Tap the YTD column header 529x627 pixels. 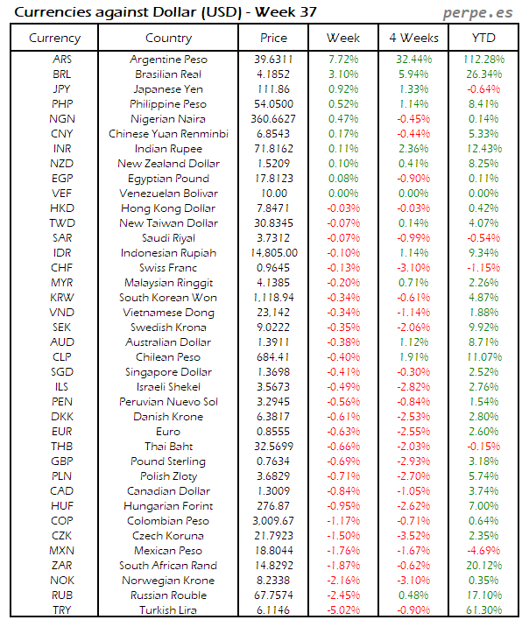(483, 38)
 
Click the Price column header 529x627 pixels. (273, 38)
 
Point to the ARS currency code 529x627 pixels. (61, 60)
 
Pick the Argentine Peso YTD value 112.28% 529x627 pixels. (483, 60)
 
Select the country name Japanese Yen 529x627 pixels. (168, 89)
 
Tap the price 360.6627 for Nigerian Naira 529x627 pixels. (273, 119)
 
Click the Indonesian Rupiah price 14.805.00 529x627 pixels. (273, 253)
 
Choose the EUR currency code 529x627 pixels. (61, 432)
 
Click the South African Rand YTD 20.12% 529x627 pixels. (483, 566)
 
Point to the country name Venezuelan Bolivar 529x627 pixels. (168, 194)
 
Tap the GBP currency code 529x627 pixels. (61, 461)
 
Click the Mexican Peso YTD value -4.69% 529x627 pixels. (483, 551)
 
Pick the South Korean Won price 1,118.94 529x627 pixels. (273, 298)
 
